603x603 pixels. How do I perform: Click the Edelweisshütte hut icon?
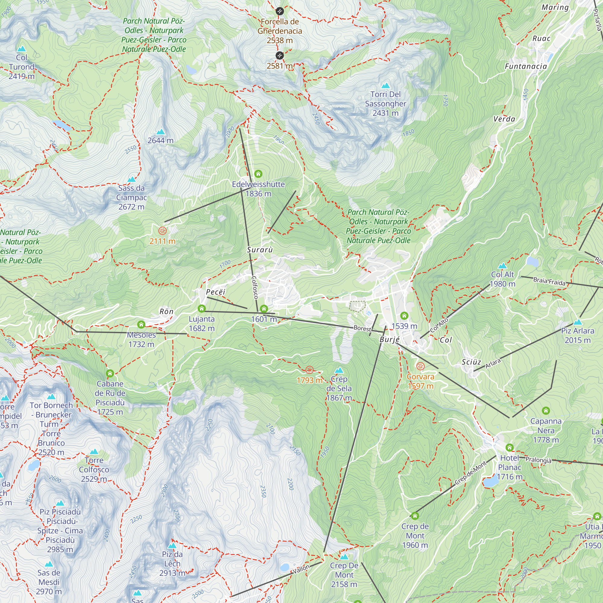258,174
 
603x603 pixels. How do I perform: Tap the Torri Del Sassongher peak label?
385,103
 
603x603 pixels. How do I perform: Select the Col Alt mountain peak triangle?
502,266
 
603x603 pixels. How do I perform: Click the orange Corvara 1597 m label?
420,381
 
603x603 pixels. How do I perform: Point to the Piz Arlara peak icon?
578,322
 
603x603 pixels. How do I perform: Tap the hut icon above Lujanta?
202,309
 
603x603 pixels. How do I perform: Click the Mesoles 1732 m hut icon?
141,325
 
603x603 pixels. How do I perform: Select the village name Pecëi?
215,292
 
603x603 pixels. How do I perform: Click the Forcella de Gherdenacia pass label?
280,30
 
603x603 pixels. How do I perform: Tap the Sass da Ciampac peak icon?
131,179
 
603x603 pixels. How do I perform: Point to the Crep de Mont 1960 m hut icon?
415,516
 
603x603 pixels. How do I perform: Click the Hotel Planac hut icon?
509,447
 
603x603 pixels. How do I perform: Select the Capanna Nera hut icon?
546,410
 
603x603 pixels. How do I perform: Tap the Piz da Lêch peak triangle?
172,546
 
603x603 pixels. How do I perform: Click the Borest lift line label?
362,328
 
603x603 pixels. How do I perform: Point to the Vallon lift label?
301,569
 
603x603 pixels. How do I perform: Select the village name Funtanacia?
526,66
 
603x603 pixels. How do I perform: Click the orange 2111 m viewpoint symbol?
162,231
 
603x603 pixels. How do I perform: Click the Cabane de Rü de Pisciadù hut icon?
109,373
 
